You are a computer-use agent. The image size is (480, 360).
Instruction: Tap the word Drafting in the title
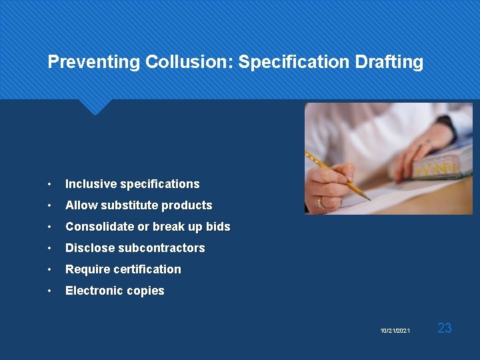391,62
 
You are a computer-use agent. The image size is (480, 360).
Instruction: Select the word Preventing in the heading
94,62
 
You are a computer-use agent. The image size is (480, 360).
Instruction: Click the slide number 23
445,327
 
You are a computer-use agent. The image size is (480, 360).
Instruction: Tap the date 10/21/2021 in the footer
395,331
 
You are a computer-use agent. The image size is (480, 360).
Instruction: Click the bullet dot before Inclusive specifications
50,185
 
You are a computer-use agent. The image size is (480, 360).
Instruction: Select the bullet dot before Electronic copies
50,291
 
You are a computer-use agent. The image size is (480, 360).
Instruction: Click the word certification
147,269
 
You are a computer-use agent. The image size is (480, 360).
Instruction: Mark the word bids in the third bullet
218,227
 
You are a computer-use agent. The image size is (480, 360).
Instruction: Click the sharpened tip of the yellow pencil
368,198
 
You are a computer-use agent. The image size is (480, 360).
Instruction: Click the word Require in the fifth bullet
87,269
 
